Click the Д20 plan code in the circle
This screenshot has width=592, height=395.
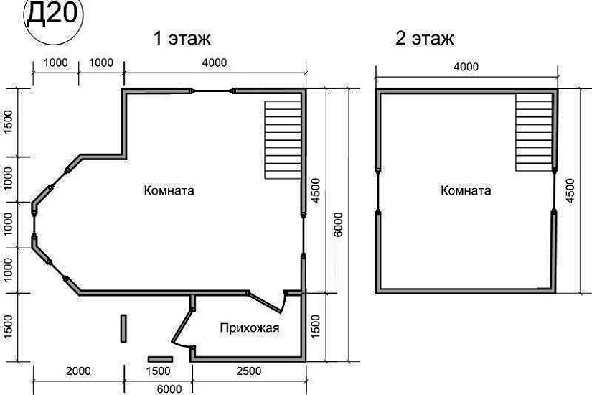(52, 14)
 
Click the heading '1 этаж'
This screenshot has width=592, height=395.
(182, 38)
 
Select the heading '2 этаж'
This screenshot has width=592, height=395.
(424, 38)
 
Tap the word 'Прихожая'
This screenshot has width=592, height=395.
(250, 327)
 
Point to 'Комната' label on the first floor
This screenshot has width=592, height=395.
(169, 190)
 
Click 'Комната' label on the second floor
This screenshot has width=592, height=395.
(466, 190)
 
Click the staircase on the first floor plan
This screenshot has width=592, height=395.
(283, 140)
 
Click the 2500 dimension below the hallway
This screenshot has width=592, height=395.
(249, 371)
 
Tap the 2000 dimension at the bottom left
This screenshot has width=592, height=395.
(78, 371)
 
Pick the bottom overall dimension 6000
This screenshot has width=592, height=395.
(169, 389)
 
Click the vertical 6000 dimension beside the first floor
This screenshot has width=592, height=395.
(338, 225)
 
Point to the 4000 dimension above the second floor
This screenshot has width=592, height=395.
(466, 67)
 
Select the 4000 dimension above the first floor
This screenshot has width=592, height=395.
(215, 62)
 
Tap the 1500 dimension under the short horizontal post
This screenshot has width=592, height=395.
(159, 371)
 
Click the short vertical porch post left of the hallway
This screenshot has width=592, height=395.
(123, 328)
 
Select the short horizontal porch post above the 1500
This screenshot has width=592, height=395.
(161, 359)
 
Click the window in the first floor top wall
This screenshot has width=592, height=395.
(212, 91)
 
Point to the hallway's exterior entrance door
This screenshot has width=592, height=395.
(182, 326)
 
